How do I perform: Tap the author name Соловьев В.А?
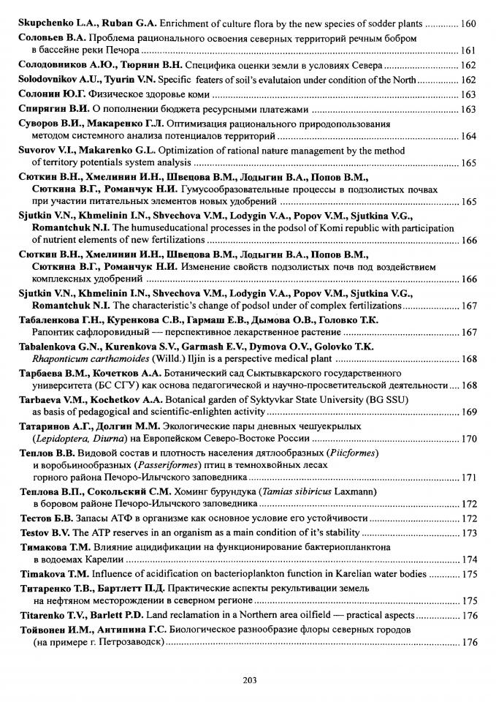pos(45,37)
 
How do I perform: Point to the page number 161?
pos(469,50)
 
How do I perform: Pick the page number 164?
pos(469,136)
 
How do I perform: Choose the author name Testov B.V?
pos(41,532)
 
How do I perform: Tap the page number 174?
pos(469,559)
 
